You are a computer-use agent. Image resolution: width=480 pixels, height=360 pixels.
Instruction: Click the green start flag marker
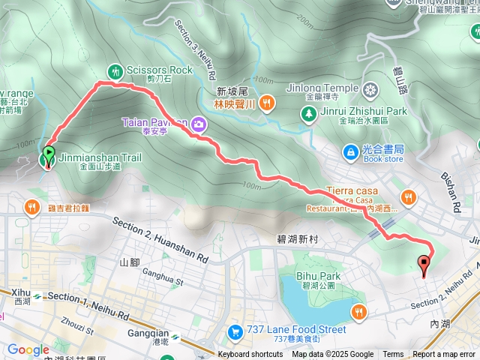pyautogui.click(x=49, y=155)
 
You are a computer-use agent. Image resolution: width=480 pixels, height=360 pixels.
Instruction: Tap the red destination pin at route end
pyautogui.click(x=424, y=264)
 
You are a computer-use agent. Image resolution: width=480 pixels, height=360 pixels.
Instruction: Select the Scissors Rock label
pyautogui.click(x=160, y=70)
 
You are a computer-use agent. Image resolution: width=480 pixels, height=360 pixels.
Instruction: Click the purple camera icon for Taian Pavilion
pyautogui.click(x=198, y=122)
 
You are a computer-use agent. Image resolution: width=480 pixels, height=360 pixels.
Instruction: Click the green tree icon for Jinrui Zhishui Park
pyautogui.click(x=308, y=112)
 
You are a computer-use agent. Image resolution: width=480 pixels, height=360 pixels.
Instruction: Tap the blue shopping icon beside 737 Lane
pyautogui.click(x=235, y=330)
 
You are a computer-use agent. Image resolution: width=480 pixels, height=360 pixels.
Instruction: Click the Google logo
pyautogui.click(x=28, y=349)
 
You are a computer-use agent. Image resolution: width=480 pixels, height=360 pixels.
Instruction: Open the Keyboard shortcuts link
pyautogui.click(x=250, y=355)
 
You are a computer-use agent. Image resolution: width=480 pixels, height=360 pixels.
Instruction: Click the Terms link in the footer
pyautogui.click(x=393, y=355)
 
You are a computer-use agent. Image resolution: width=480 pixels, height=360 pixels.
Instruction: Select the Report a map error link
pyautogui.click(x=444, y=355)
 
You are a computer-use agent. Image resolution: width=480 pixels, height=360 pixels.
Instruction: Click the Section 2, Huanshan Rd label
pyautogui.click(x=160, y=238)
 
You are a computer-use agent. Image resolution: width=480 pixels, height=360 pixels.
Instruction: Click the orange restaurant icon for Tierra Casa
pyautogui.click(x=408, y=197)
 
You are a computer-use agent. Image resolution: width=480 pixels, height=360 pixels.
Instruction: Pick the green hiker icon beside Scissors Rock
pyautogui.click(x=115, y=70)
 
